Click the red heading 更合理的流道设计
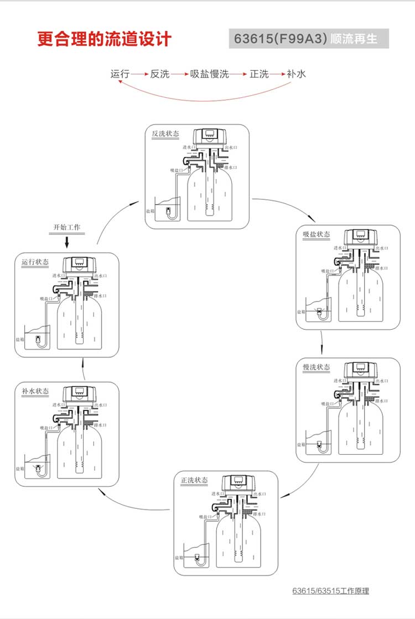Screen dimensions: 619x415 [105, 40]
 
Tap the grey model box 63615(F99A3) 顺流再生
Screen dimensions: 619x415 [309, 39]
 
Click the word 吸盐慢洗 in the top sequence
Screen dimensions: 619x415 [209, 74]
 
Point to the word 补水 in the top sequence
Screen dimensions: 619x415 [296, 74]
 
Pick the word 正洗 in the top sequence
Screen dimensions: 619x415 [259, 74]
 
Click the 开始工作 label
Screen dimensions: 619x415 [66, 227]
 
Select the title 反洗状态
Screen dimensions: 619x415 [165, 134]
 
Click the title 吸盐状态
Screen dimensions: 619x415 [316, 234]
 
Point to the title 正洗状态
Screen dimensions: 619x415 [194, 480]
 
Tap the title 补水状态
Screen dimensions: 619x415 [35, 391]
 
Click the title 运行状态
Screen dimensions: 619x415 [35, 262]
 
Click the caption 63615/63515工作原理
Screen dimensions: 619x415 [330, 591]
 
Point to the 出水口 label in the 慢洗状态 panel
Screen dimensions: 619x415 [382, 381]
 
